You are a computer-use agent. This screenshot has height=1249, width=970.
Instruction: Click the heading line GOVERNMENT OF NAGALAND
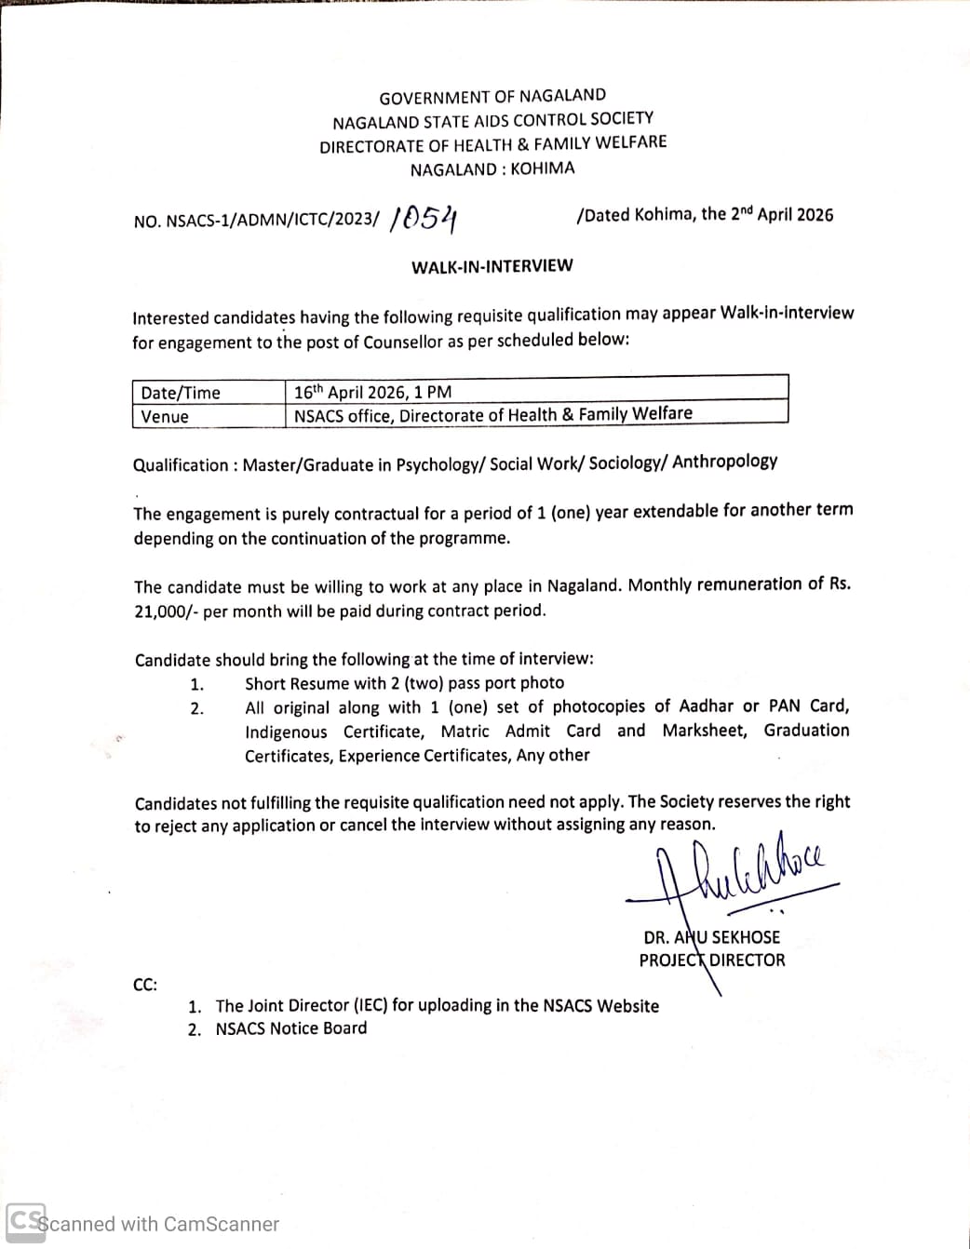coord(492,96)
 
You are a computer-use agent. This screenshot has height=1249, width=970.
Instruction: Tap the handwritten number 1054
coord(425,219)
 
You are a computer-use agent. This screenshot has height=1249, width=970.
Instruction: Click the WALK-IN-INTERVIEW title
coord(492,266)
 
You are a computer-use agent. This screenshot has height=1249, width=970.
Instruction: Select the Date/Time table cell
coord(181,393)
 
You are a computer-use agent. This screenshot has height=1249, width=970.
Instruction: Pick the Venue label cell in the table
coord(165,417)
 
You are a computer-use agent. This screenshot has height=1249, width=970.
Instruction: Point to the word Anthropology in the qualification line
coord(724,462)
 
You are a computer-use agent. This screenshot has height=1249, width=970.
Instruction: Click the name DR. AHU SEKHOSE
coord(711,937)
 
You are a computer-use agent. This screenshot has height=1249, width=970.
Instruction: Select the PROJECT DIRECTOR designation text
coord(711,960)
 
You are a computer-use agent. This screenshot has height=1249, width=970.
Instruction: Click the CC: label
coord(145,984)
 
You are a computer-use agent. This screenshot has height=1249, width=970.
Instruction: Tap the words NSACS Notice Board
coord(290,1028)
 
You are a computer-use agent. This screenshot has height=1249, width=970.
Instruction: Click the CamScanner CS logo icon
coord(25,1221)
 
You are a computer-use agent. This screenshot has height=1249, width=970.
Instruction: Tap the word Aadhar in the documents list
coord(706,706)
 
